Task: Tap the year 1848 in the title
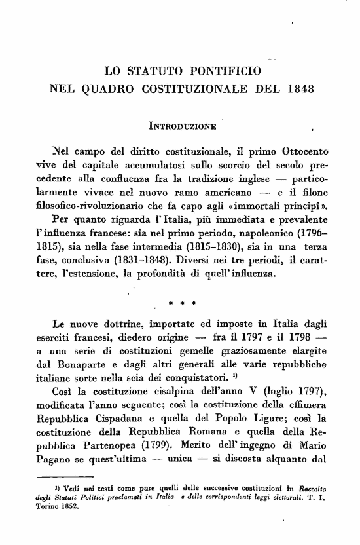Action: point(298,88)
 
